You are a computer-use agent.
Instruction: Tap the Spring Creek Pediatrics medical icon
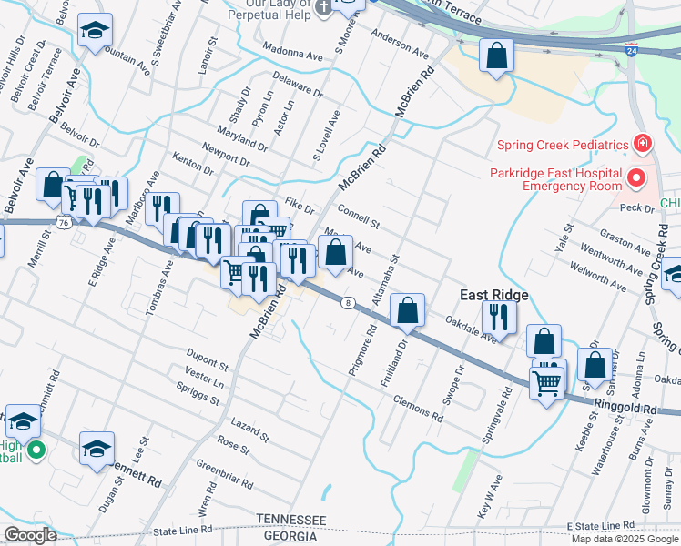coord(643,145)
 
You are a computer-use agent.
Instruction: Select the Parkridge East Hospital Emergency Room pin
coord(637,178)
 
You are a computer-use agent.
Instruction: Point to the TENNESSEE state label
coord(290,519)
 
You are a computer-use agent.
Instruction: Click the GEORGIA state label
coord(290,536)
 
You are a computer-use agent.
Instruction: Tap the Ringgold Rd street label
coord(625,409)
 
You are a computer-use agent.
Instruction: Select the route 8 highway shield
coord(348,303)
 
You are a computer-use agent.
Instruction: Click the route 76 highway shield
coord(63,222)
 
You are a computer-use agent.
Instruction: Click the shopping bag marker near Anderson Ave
coord(497,56)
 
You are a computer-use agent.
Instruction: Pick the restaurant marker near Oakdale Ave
coord(499,316)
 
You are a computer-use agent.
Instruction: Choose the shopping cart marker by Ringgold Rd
coord(546,383)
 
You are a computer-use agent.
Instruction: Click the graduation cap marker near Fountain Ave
coord(95,32)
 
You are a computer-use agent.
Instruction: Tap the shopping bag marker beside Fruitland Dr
coord(408,311)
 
